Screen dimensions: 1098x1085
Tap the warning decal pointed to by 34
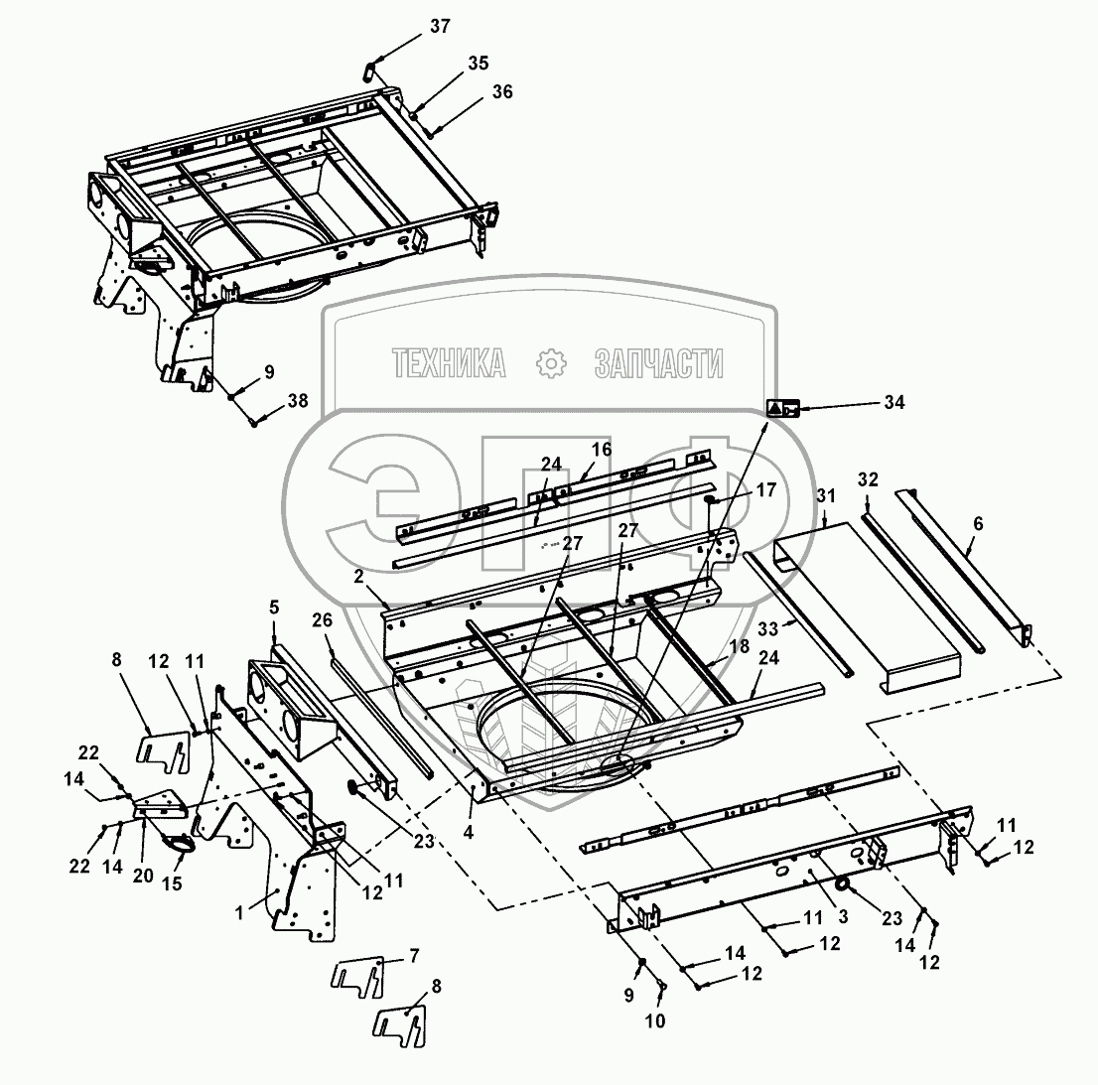coord(782,407)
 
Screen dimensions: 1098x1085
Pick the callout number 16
coord(602,450)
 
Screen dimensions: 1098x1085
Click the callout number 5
coord(275,607)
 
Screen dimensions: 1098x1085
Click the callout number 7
coord(413,955)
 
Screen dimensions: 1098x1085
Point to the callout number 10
coord(656,1019)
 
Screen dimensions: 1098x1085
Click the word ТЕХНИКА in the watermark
coord(449,363)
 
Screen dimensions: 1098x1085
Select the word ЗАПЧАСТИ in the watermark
coord(657,363)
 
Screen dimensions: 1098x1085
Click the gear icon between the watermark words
coord(549,363)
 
